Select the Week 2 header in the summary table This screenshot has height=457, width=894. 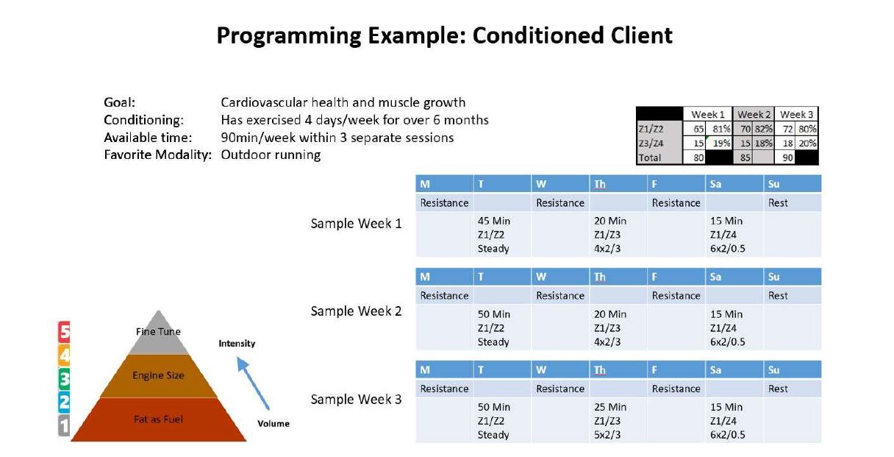pyautogui.click(x=754, y=114)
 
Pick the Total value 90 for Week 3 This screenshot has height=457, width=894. pyautogui.click(x=787, y=157)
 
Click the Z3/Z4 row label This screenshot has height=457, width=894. pyautogui.click(x=651, y=143)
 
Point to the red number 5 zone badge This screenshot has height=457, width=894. pyautogui.click(x=64, y=332)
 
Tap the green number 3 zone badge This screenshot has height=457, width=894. pyautogui.click(x=64, y=379)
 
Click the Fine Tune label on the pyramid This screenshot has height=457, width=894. pyautogui.click(x=158, y=332)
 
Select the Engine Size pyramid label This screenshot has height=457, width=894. pyautogui.click(x=158, y=375)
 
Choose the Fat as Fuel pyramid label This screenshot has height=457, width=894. pyautogui.click(x=158, y=419)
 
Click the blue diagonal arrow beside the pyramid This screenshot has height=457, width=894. pyautogui.click(x=253, y=383)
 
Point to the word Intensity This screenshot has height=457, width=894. pyautogui.click(x=237, y=344)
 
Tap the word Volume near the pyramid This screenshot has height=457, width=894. pyautogui.click(x=273, y=423)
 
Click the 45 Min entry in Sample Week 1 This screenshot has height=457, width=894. pyautogui.click(x=494, y=221)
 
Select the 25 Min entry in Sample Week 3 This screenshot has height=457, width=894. pyautogui.click(x=609, y=407)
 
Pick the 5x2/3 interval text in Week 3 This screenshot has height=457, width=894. pyautogui.click(x=607, y=435)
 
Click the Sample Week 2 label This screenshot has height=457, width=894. pyautogui.click(x=356, y=311)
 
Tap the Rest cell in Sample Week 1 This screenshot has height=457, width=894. pyautogui.click(x=778, y=203)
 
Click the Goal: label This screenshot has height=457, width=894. pyautogui.click(x=119, y=102)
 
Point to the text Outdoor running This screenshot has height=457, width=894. pyautogui.click(x=271, y=155)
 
